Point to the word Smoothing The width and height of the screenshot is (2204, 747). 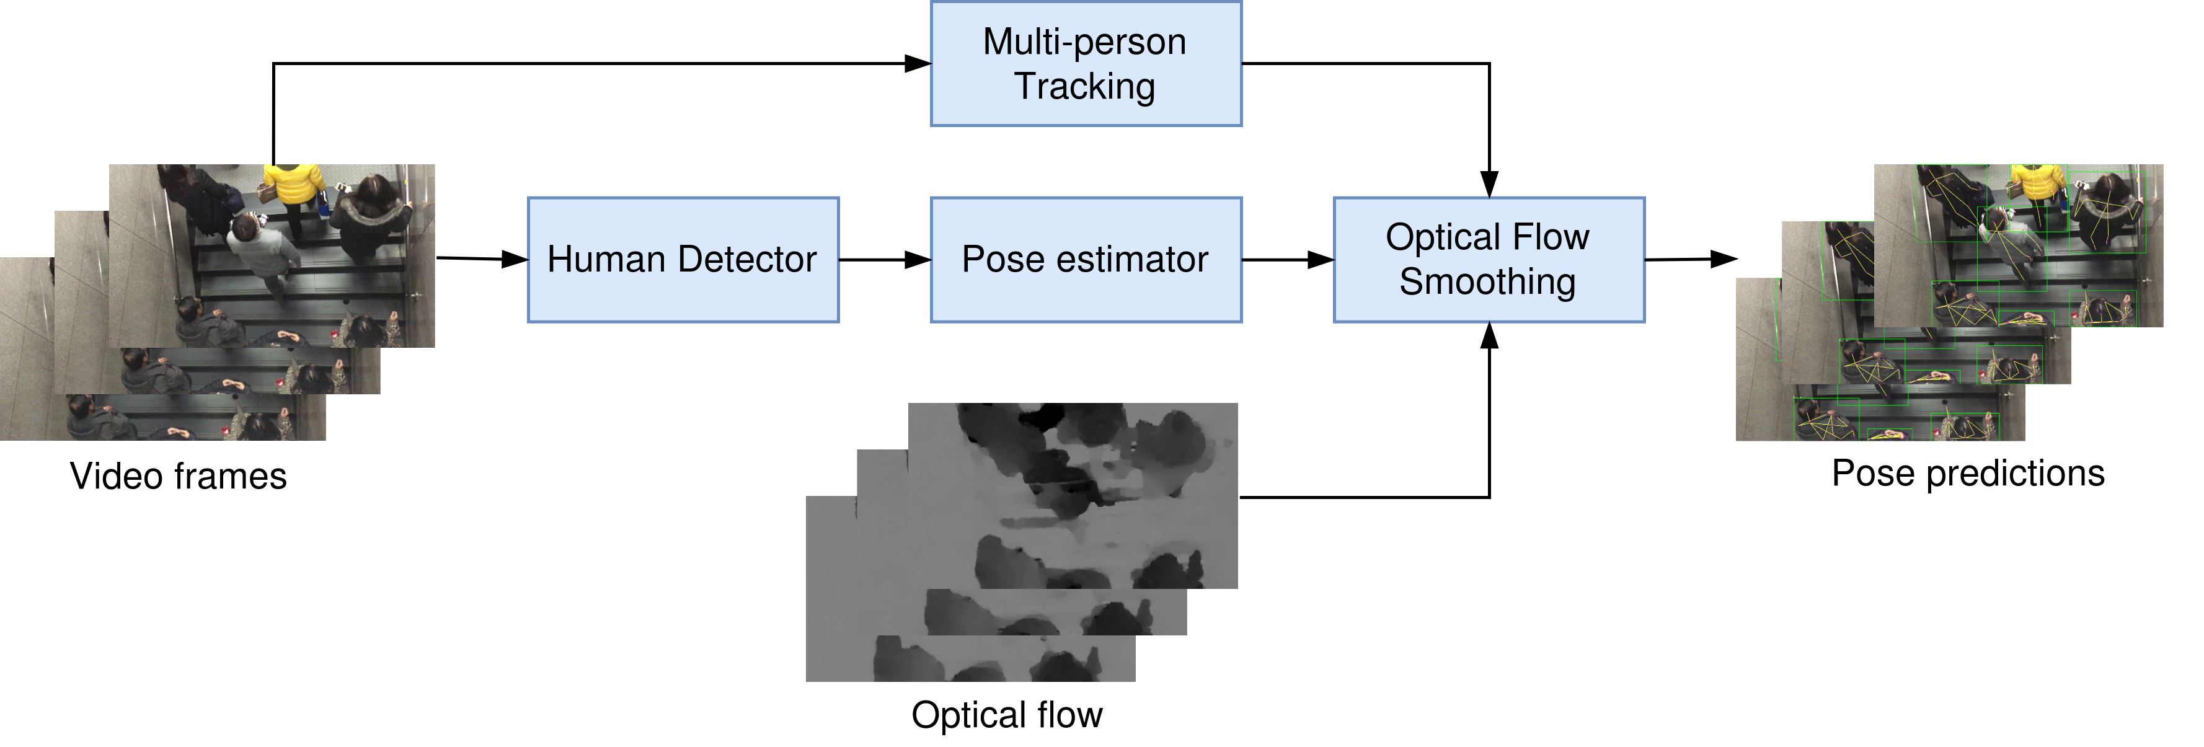click(x=1487, y=281)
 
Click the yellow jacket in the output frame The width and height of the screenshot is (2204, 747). click(x=2037, y=182)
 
